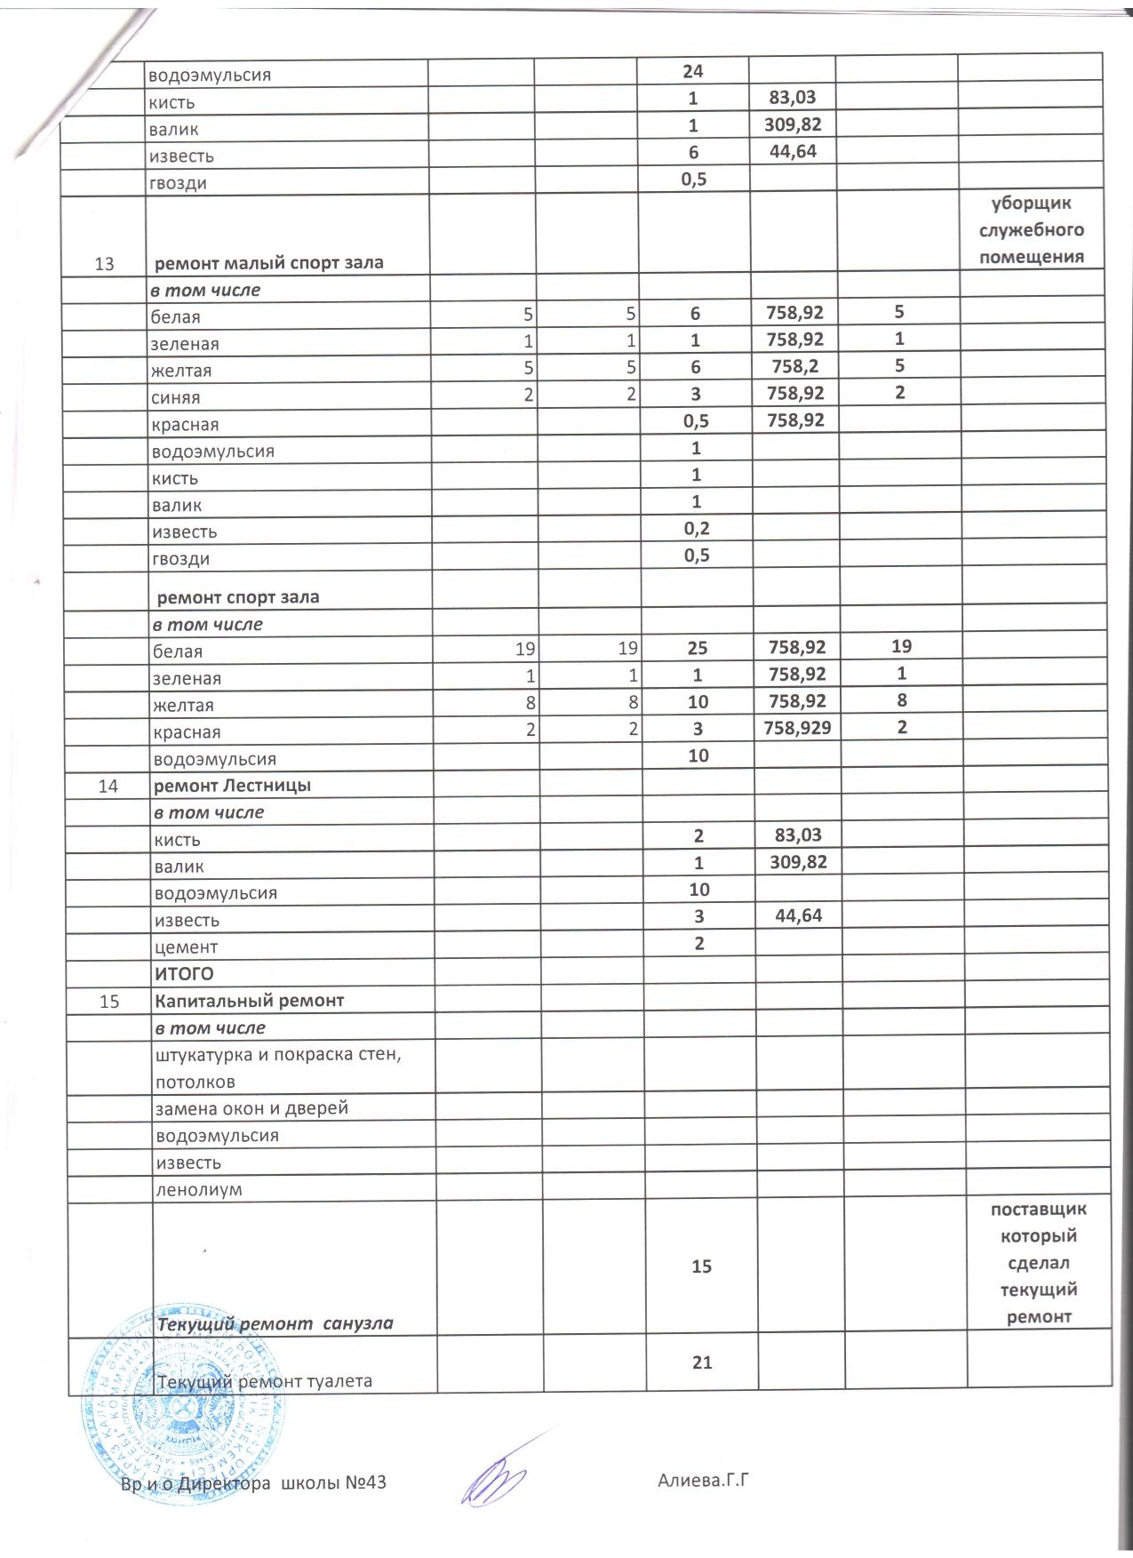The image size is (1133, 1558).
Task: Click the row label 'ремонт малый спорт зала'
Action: [x=269, y=263]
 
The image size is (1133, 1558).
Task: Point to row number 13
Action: [x=104, y=264]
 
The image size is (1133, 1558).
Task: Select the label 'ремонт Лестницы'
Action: [x=232, y=786]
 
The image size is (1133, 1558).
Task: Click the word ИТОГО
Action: [x=184, y=974]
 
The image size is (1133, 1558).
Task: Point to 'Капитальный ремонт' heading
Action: [x=250, y=1001]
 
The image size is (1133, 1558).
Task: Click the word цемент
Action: [x=186, y=947]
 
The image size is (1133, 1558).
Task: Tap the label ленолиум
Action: [x=198, y=1190]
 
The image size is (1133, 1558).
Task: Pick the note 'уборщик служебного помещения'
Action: [x=1031, y=230]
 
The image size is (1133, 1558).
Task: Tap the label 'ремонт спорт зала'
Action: [x=238, y=597]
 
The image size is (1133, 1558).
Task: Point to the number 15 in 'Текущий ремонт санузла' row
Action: [x=701, y=1266]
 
